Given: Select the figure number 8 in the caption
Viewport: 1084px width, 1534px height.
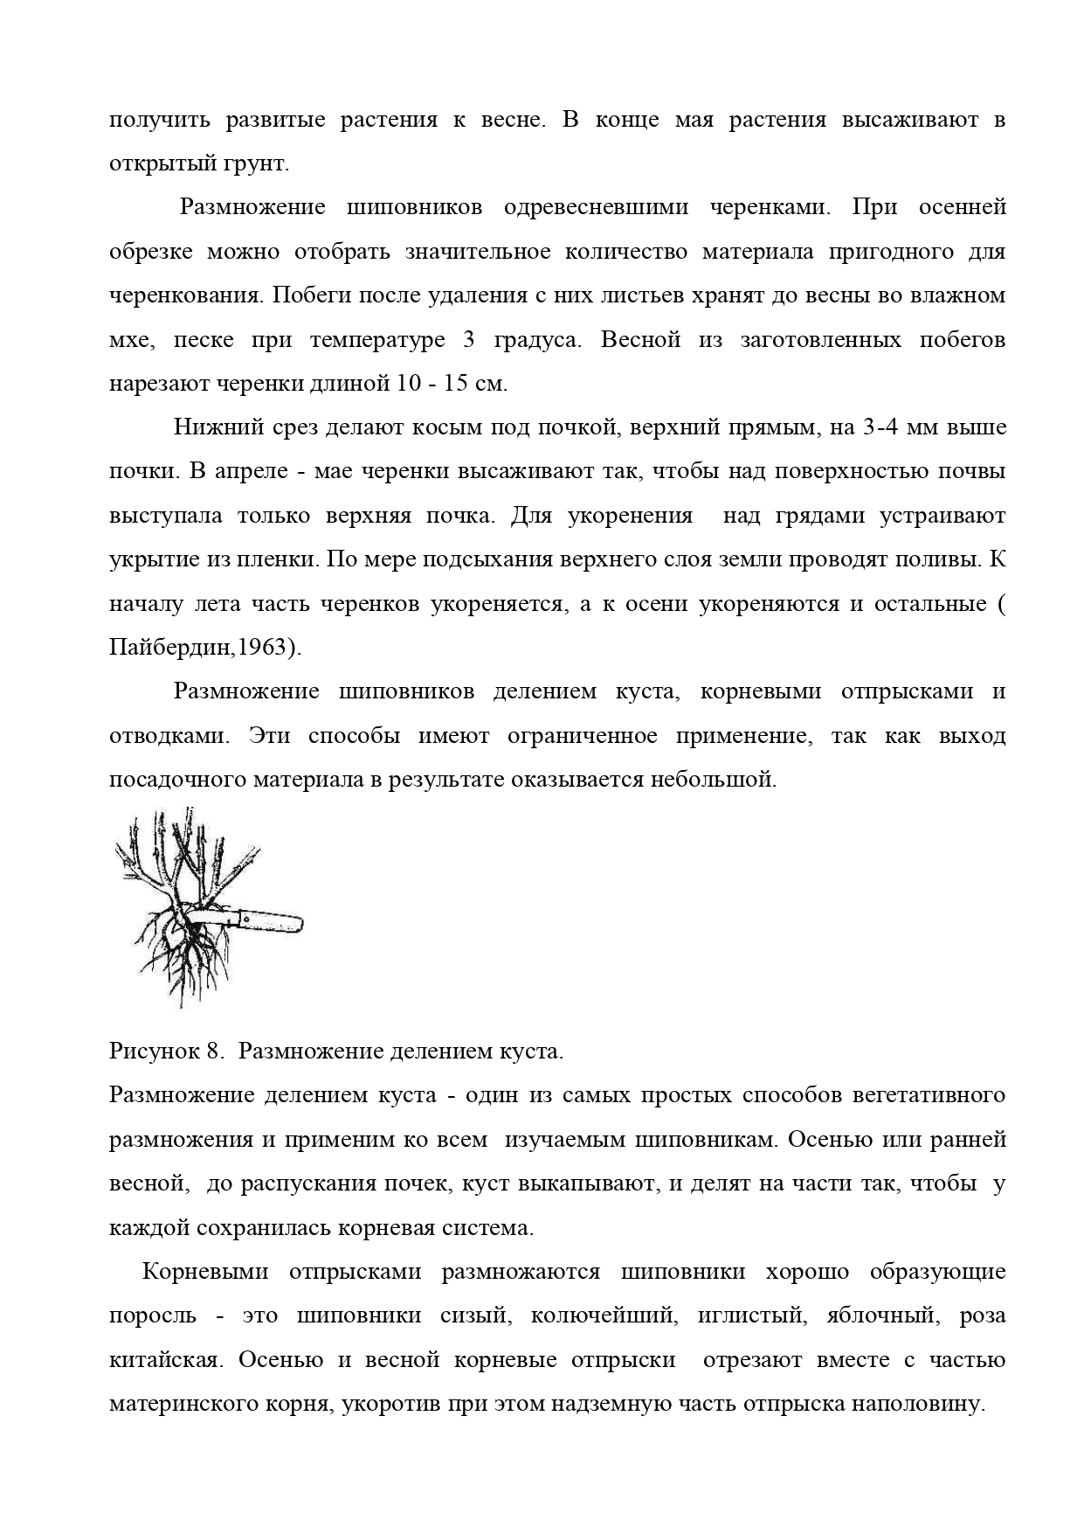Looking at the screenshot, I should click(x=213, y=1051).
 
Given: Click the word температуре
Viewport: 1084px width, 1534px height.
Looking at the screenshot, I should click(x=377, y=339).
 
